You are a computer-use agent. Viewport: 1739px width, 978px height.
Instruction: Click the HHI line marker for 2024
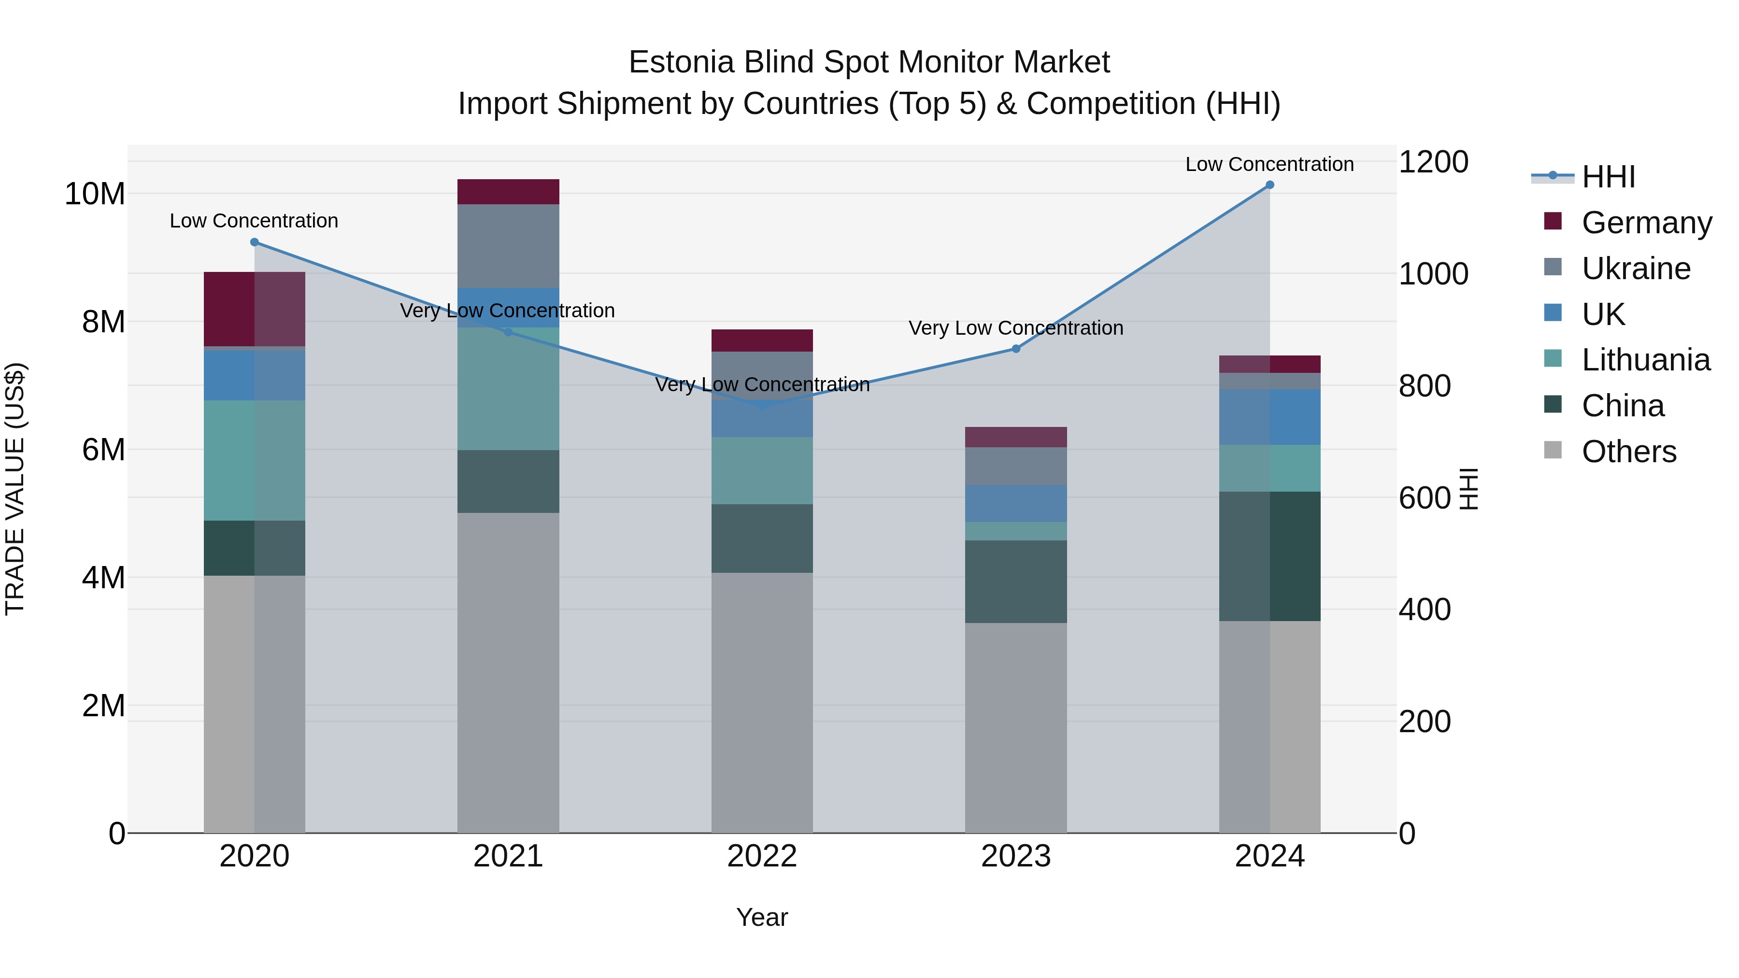click(1269, 185)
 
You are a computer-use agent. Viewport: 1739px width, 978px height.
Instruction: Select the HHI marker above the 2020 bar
click(255, 242)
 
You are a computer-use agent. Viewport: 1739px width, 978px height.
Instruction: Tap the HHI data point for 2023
click(1015, 349)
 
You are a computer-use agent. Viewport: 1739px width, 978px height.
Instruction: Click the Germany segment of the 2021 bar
click(508, 192)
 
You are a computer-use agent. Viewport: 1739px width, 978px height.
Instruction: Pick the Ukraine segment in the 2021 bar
click(508, 246)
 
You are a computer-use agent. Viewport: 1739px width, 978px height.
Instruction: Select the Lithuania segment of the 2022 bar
click(762, 470)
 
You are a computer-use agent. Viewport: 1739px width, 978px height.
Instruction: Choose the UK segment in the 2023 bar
click(1015, 504)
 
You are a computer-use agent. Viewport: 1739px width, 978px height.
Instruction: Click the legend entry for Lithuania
click(1645, 360)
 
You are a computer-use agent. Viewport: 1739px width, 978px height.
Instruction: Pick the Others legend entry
click(1628, 452)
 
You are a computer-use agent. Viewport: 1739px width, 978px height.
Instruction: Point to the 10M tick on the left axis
click(95, 194)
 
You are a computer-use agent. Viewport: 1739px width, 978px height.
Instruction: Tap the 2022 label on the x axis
click(762, 856)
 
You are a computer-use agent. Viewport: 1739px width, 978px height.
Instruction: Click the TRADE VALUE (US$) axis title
click(15, 489)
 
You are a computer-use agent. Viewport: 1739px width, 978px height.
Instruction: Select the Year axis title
click(762, 917)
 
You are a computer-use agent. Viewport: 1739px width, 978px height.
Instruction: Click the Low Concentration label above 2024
click(1269, 164)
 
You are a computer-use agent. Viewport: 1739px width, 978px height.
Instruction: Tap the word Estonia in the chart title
click(681, 62)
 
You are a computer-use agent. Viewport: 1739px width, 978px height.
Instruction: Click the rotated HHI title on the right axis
click(1469, 489)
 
